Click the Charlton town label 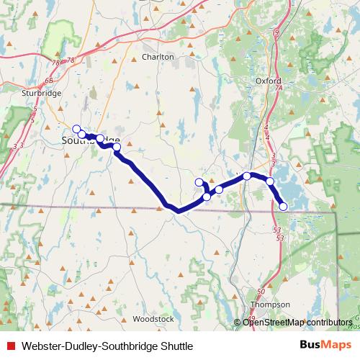pyautogui.click(x=158, y=57)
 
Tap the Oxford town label pyautogui.click(x=268, y=81)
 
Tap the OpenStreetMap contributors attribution pyautogui.click(x=297, y=323)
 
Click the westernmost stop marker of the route pyautogui.click(x=76, y=129)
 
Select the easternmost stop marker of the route pyautogui.click(x=283, y=207)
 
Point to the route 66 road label pyautogui.click(x=49, y=81)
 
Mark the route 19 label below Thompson pyautogui.click(x=252, y=318)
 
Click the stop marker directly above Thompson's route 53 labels pyautogui.click(x=283, y=207)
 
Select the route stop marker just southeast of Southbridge pyautogui.click(x=117, y=146)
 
